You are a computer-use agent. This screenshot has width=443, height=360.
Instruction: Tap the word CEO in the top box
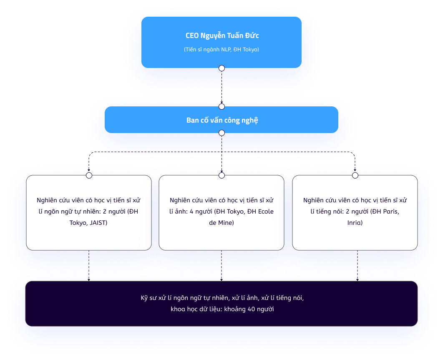(x=192, y=36)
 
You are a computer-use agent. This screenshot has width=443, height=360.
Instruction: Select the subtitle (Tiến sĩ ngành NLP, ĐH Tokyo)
(x=221, y=50)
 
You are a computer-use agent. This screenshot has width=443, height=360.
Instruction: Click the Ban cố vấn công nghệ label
(x=222, y=121)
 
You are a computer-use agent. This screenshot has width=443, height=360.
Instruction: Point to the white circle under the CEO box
(x=221, y=68)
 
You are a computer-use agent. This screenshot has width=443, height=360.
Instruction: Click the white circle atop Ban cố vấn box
(x=221, y=106)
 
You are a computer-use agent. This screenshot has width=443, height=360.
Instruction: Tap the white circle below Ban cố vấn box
(x=221, y=133)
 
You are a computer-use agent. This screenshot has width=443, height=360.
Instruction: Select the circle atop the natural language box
(x=89, y=176)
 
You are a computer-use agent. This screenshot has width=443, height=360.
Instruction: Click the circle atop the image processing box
(x=221, y=176)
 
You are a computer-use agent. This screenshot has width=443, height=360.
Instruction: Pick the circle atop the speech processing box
(x=355, y=176)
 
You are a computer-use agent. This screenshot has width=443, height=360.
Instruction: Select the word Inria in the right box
(x=355, y=223)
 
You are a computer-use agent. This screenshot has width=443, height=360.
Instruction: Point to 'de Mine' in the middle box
(x=221, y=223)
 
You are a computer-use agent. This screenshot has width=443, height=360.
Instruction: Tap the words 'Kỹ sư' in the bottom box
(x=148, y=298)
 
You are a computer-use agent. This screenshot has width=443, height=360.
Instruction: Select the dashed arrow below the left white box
(x=89, y=266)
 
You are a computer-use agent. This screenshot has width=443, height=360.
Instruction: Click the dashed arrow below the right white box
(x=357, y=266)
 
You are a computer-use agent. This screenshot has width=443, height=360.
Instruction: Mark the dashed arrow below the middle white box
(x=221, y=266)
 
